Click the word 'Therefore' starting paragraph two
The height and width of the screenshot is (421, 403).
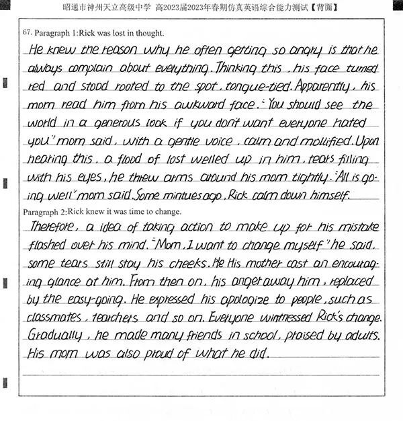click(53, 227)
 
